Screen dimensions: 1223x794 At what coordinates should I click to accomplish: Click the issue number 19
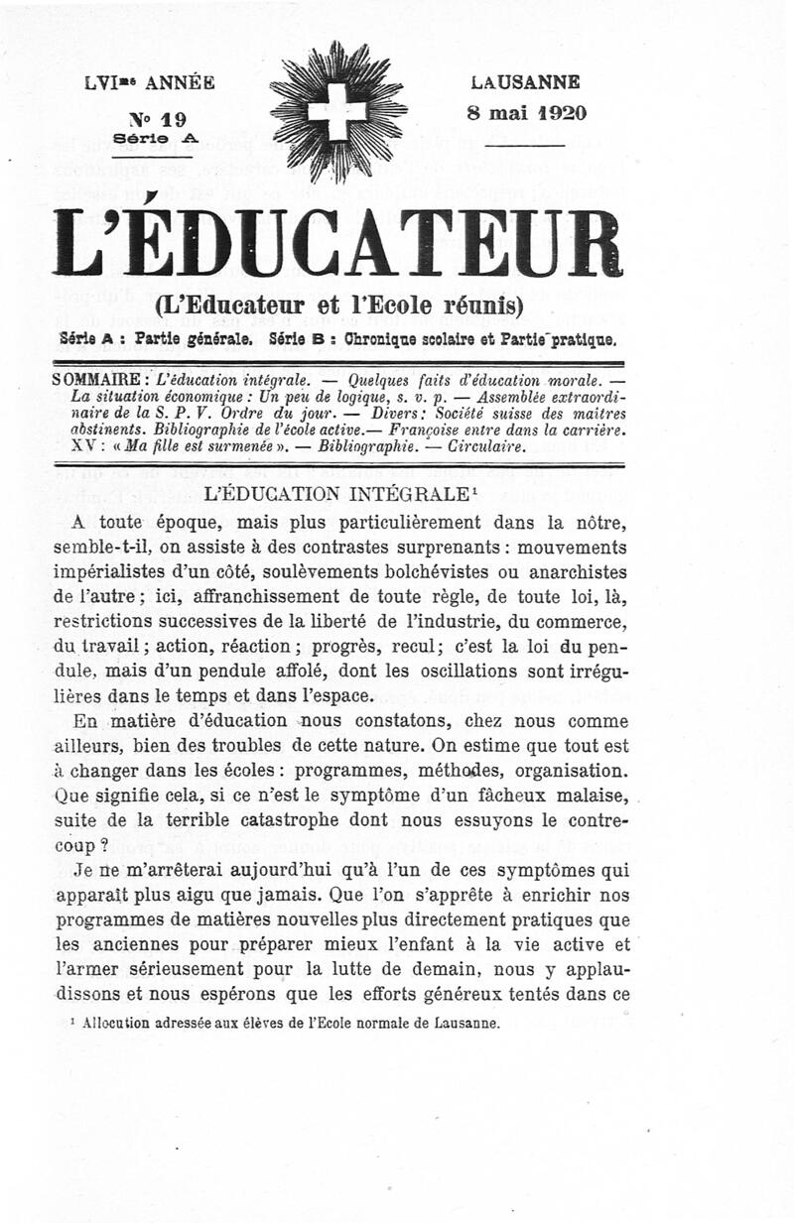click(171, 119)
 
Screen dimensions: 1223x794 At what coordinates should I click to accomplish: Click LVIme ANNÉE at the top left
click(150, 83)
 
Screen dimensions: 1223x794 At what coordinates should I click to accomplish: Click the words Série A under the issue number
click(156, 139)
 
